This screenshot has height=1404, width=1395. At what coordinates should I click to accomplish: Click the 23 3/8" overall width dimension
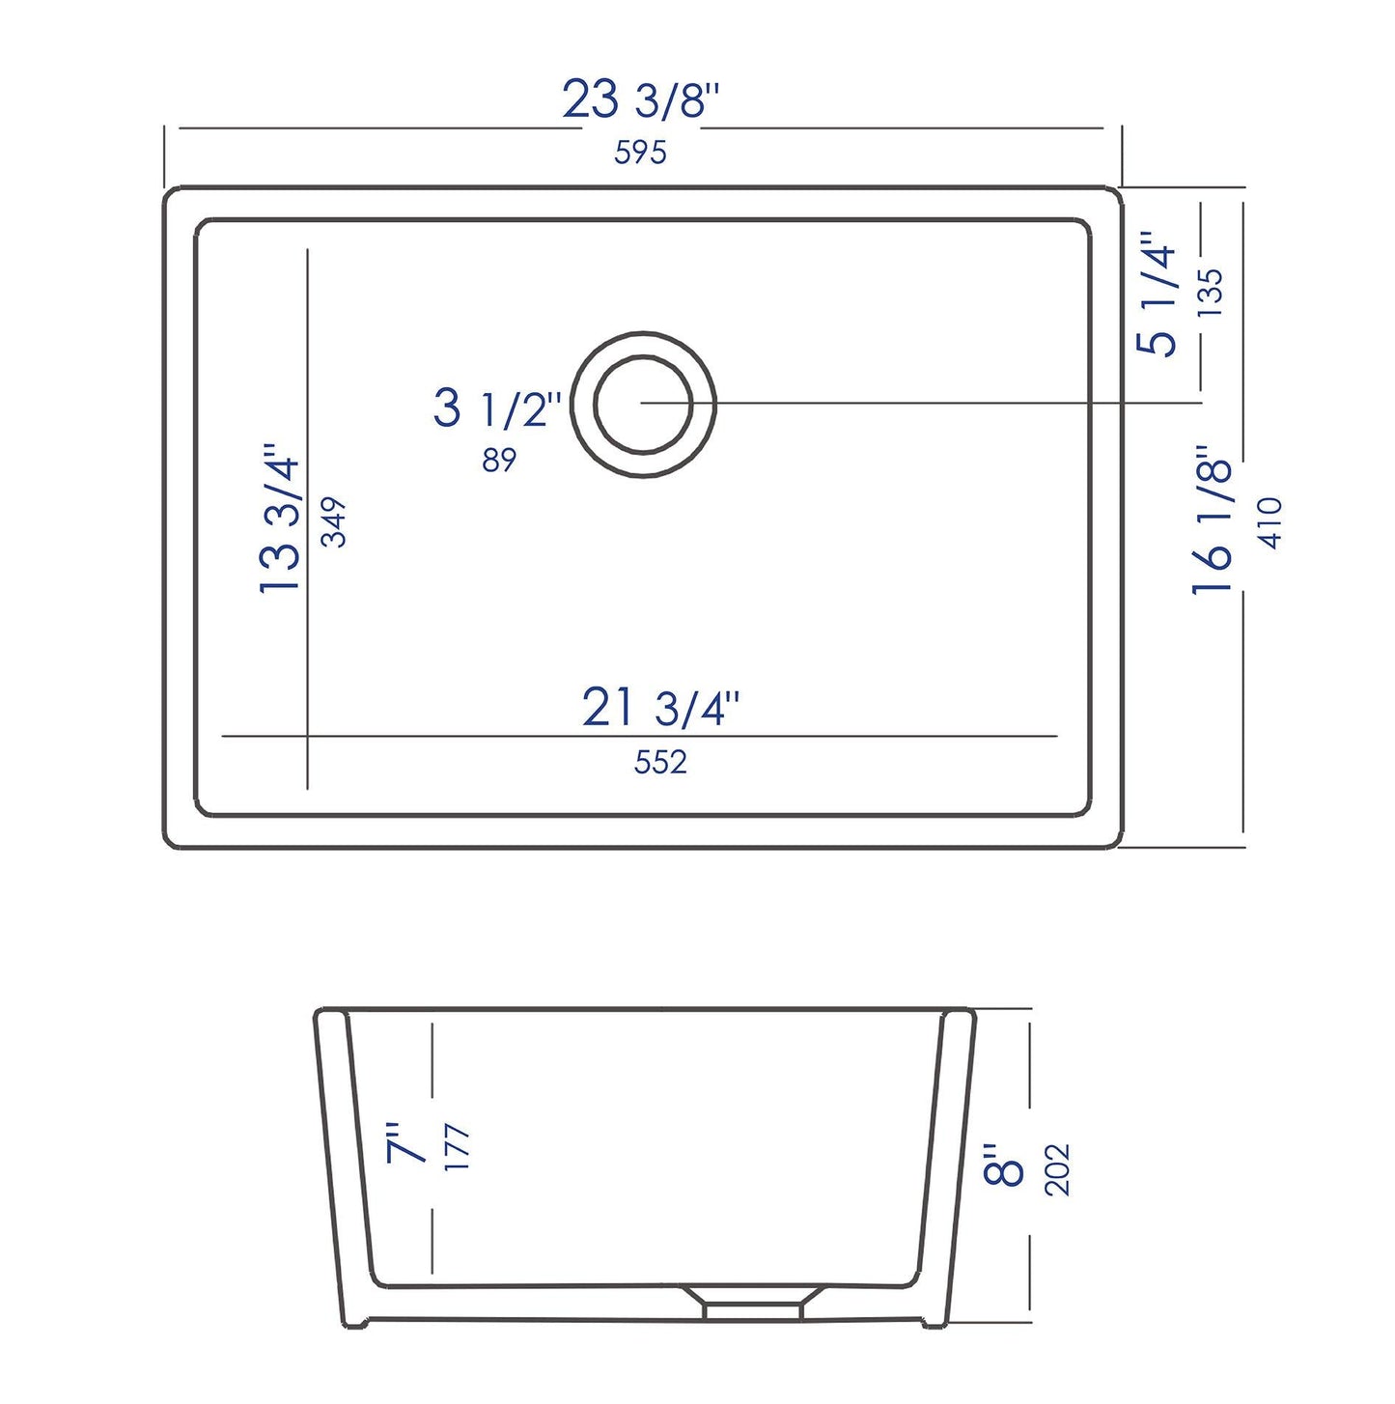click(x=641, y=100)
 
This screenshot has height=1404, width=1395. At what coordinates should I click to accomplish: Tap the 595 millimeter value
click(x=640, y=153)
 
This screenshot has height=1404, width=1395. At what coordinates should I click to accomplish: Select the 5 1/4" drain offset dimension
click(x=1158, y=294)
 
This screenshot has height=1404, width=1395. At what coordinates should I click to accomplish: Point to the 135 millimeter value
click(x=1210, y=293)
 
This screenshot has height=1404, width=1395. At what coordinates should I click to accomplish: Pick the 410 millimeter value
click(x=1270, y=523)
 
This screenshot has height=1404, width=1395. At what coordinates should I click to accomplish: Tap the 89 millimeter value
click(x=499, y=461)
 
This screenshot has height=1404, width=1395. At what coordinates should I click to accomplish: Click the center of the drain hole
click(x=643, y=405)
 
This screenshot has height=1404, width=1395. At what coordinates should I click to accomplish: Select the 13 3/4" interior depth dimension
click(x=281, y=519)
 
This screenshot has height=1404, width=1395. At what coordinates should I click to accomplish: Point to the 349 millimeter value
click(x=334, y=521)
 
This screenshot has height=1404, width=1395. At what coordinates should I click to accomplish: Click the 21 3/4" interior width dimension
click(x=660, y=708)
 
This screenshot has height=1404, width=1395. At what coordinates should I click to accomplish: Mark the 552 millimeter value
click(x=660, y=763)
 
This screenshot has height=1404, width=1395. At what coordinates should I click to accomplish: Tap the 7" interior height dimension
click(x=406, y=1143)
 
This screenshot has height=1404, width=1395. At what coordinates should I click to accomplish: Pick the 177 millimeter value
click(x=458, y=1148)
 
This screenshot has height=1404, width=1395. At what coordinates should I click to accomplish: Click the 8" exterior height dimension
click(x=1005, y=1165)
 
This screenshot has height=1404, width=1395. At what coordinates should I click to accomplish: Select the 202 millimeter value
click(x=1058, y=1169)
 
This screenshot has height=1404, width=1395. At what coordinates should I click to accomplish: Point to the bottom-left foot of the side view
click(x=355, y=1324)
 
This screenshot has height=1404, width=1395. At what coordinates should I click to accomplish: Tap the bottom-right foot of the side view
click(x=935, y=1324)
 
